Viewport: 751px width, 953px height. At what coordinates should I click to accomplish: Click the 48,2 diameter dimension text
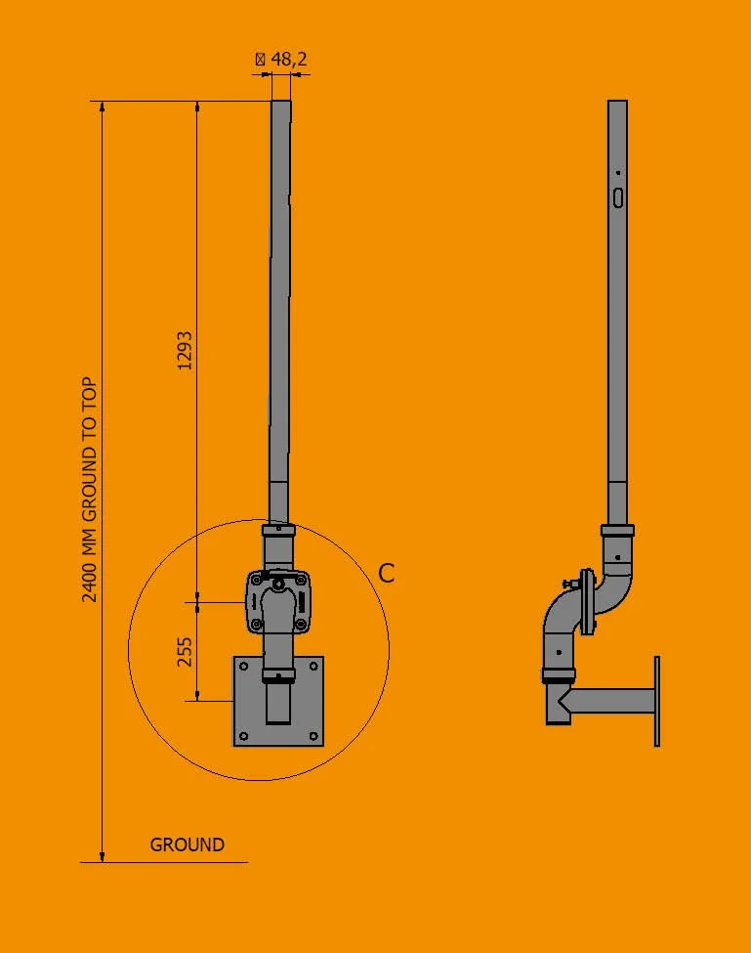click(x=281, y=60)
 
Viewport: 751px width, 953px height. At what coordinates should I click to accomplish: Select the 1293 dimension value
click(x=185, y=349)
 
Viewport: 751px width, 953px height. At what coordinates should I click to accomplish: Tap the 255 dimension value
click(x=185, y=651)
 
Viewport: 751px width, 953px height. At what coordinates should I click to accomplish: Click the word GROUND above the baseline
click(x=187, y=845)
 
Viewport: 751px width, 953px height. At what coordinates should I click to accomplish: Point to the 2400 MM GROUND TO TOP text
click(x=90, y=489)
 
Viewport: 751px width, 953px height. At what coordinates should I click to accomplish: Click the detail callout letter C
click(x=387, y=574)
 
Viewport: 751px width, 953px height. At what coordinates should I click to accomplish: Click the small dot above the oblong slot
click(x=618, y=173)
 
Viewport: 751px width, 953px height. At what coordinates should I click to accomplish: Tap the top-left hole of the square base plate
click(x=243, y=668)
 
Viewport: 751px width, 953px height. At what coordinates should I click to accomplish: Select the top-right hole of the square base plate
click(x=313, y=668)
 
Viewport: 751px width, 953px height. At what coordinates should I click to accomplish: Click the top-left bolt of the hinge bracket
click(x=257, y=580)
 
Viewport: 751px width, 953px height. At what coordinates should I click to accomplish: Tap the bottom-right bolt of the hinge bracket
click(x=301, y=623)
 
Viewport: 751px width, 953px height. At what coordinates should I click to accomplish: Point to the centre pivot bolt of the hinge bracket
click(x=279, y=585)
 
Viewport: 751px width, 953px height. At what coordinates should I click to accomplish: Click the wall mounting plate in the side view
click(x=657, y=701)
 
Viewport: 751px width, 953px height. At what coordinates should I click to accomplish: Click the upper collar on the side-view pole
click(x=617, y=530)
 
